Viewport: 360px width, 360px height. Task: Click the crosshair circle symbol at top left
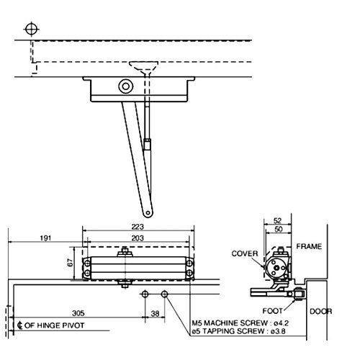point(30,29)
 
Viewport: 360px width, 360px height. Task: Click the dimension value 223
point(138,227)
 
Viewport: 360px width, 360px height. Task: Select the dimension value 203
point(138,237)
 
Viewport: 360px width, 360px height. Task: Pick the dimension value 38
point(155,314)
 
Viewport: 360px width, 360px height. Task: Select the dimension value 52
point(277,222)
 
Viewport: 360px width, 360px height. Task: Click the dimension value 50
point(277,230)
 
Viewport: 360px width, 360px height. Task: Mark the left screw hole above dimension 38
point(145,294)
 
